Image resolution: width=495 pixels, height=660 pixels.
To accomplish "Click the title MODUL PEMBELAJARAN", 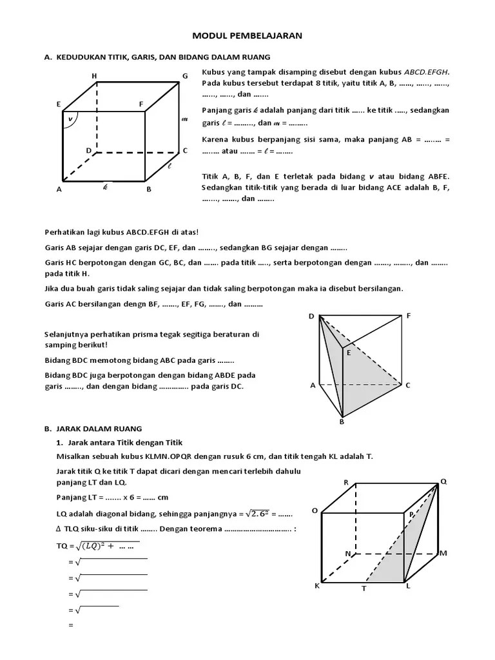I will (x=247, y=37).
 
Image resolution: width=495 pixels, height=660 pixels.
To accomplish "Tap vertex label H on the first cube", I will (x=94, y=76).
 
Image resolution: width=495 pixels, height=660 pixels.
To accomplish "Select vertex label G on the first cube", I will (x=185, y=76).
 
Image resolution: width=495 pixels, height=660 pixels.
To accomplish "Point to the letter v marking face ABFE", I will (x=70, y=118).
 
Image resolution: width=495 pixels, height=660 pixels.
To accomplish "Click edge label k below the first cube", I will (x=105, y=188).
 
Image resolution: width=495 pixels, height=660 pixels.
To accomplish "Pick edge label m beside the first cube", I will (x=185, y=119).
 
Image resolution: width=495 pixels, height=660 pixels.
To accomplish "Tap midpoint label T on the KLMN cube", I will (x=364, y=588).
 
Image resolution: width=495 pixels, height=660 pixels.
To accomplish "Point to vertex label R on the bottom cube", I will (x=346, y=482).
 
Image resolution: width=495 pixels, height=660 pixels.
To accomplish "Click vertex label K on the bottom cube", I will (x=316, y=586).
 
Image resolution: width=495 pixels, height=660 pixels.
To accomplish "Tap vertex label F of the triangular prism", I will (x=409, y=316).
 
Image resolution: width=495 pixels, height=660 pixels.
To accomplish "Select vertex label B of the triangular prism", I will (x=342, y=422).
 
